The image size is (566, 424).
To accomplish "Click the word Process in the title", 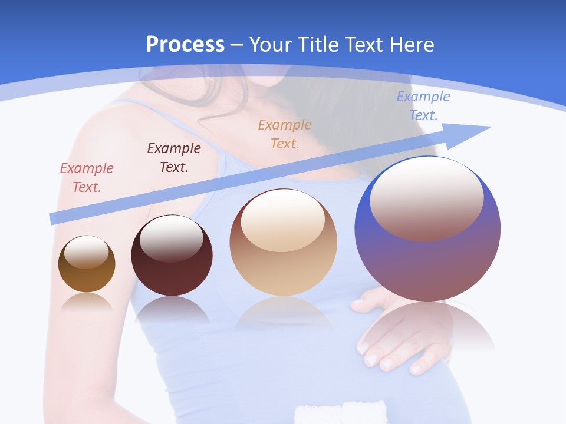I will tap(185, 44).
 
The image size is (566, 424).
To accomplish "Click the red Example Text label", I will tap(86, 177).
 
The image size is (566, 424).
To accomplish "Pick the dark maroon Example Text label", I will tap(173, 157).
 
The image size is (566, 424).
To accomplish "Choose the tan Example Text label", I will tap(285, 134).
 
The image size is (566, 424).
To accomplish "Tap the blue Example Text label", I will tap(423, 105).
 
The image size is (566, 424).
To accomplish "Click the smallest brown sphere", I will tap(87, 265).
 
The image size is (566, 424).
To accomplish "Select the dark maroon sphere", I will tap(172, 256).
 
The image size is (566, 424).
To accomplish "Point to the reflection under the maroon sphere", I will tap(172, 309).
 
